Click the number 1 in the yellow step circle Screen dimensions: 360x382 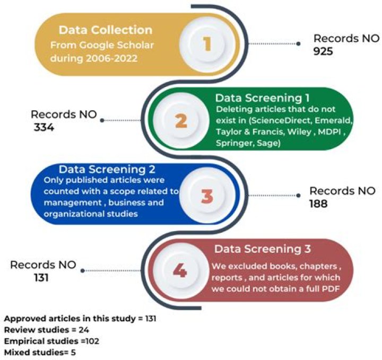(x=207, y=44)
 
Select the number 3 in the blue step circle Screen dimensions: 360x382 (x=207, y=196)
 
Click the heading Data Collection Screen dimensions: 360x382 (x=106, y=30)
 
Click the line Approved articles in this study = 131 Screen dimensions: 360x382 (x=80, y=320)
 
